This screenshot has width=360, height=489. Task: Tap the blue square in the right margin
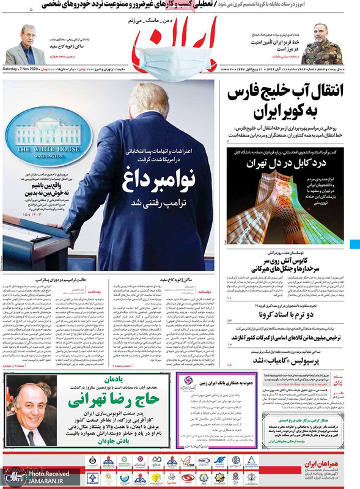[356, 244]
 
